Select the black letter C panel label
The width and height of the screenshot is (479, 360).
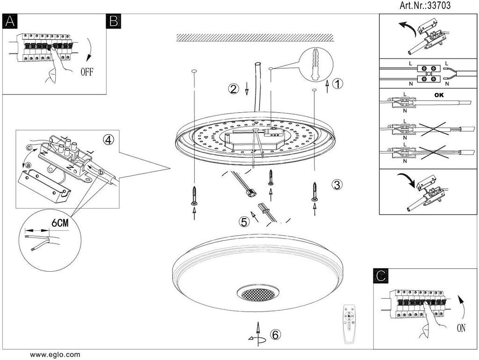tap(381, 276)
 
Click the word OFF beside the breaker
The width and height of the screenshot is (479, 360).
tap(90, 72)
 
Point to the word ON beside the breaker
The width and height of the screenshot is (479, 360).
tap(461, 328)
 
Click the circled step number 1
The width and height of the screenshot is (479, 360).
tap(338, 84)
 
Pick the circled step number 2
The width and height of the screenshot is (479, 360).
tap(234, 89)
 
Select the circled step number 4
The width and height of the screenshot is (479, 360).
tap(109, 139)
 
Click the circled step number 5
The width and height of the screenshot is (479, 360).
tap(244, 223)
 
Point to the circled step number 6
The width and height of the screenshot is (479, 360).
tap(276, 334)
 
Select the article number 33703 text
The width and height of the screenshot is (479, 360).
tap(425, 6)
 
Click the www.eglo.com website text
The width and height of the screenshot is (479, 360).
tap(55, 355)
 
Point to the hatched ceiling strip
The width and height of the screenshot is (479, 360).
tap(254, 37)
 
